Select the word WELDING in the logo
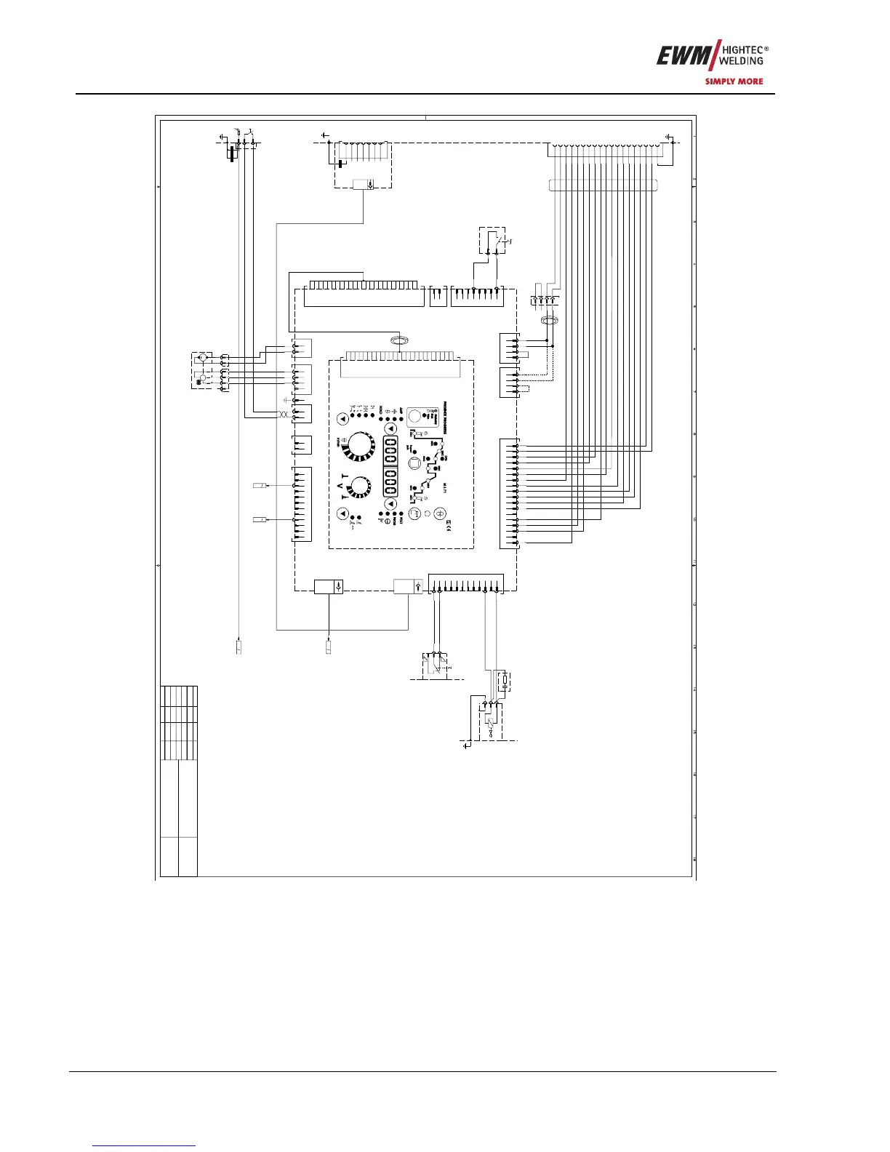coord(741,61)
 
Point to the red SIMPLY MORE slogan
coord(734,81)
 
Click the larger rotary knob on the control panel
coord(359,447)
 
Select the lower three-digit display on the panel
coord(390,481)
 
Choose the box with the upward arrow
coord(407,586)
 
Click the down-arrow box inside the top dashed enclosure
coord(363,184)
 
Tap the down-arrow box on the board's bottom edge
coord(328,586)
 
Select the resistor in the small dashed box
coord(504,681)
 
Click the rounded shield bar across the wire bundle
coord(603,185)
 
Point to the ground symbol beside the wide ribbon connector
coord(669,137)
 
